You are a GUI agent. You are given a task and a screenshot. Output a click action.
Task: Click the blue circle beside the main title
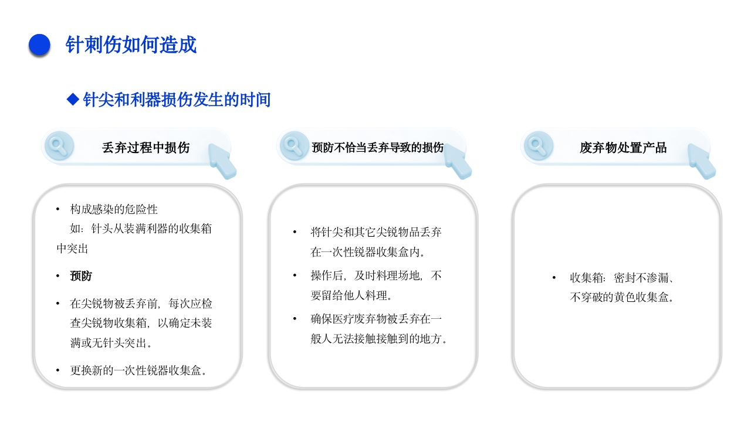point(39,45)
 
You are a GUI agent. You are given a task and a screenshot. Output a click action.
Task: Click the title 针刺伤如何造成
point(131,45)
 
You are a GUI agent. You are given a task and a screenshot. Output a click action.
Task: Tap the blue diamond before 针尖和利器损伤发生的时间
point(73,100)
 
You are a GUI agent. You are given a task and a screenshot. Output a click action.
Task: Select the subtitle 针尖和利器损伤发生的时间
point(177,100)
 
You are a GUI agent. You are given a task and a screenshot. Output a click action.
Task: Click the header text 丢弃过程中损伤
point(146,148)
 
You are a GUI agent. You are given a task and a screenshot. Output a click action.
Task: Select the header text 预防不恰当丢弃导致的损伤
point(377,148)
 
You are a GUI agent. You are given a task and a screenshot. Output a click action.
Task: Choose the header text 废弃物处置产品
point(623,148)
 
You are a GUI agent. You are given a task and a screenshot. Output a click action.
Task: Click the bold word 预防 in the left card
point(81,276)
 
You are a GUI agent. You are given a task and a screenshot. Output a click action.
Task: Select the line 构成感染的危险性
point(114,209)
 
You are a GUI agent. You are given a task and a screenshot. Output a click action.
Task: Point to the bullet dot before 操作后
point(295,275)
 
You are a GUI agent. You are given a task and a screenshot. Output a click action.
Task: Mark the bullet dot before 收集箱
point(554,278)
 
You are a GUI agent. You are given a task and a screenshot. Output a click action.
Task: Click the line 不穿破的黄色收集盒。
point(622,297)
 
